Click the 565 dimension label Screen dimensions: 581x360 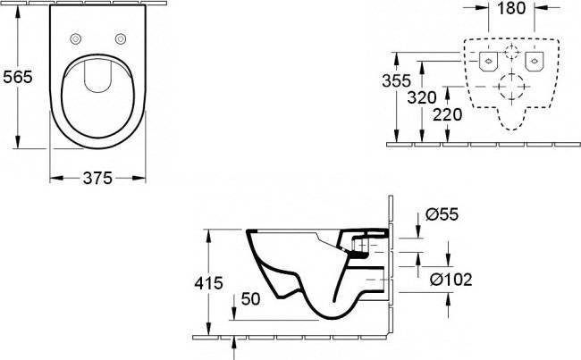[18, 77]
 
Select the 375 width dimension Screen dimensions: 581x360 [97, 179]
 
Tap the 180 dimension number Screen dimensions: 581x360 [511, 8]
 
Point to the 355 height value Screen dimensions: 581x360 [397, 80]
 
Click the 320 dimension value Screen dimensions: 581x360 [422, 97]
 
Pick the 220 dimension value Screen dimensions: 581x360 [448, 115]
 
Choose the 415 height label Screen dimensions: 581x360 [208, 283]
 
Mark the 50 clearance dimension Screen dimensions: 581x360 [250, 299]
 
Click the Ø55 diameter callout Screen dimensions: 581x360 [442, 214]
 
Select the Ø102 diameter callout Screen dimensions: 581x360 [451, 280]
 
